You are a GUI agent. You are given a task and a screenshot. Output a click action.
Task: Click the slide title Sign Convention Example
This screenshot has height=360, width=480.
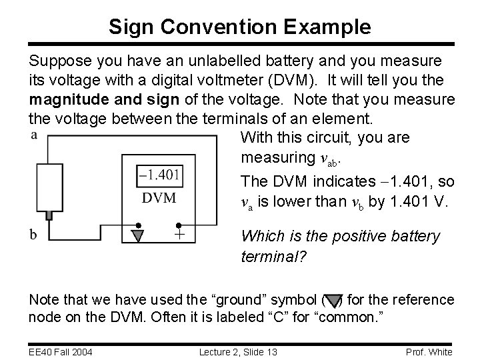coord(240,27)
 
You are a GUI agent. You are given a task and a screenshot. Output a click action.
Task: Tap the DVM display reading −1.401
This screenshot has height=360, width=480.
coord(158,175)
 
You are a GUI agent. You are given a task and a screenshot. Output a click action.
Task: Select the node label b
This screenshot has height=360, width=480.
coord(33,235)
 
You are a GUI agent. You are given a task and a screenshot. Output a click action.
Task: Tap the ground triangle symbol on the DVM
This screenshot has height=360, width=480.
coord(139,235)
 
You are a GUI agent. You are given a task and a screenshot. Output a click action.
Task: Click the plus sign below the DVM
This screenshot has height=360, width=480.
coord(179,235)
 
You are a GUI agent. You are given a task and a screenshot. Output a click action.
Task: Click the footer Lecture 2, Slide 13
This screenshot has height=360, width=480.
coord(239,351)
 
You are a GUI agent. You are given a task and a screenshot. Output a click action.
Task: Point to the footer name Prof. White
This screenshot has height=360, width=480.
coord(429,351)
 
